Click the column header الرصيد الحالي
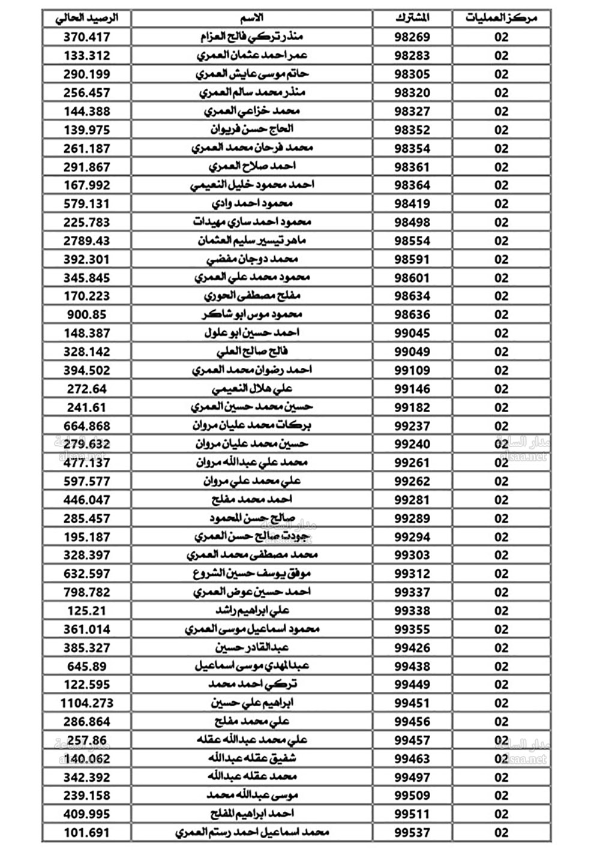pyautogui.click(x=86, y=18)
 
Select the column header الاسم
pyautogui.click(x=252, y=18)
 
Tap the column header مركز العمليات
pyautogui.click(x=501, y=18)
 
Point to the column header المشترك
pyautogui.click(x=412, y=18)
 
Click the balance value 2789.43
pyautogui.click(x=86, y=241)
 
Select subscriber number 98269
pyautogui.click(x=412, y=37)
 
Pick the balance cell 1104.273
pyautogui.click(x=86, y=703)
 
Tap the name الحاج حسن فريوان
pyautogui.click(x=252, y=129)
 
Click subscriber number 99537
pyautogui.click(x=412, y=832)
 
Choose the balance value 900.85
pyautogui.click(x=86, y=314)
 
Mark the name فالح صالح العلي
pyautogui.click(x=252, y=352)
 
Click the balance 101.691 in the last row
pyautogui.click(x=86, y=832)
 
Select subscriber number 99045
pyautogui.click(x=412, y=333)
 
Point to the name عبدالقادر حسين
pyautogui.click(x=252, y=647)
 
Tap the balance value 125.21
pyautogui.click(x=86, y=610)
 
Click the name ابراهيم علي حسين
pyautogui.click(x=252, y=703)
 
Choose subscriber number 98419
pyautogui.click(x=412, y=203)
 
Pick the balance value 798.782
pyautogui.click(x=86, y=592)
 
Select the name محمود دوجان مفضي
pyautogui.click(x=252, y=259)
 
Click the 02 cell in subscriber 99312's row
pyautogui.click(x=501, y=574)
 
